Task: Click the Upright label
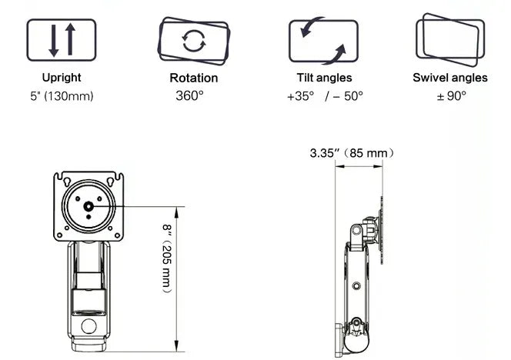click(62, 78)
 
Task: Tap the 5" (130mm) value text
click(62, 96)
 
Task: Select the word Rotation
click(194, 78)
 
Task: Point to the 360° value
click(189, 96)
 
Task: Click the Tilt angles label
click(324, 78)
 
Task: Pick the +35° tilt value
click(300, 96)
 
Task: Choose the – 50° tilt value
click(348, 96)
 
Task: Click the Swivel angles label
click(450, 78)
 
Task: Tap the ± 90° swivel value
click(452, 96)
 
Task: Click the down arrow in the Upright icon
click(53, 41)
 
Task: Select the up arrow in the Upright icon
click(70, 39)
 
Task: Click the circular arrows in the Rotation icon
click(194, 41)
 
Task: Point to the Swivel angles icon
click(450, 40)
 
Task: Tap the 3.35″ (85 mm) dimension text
click(352, 153)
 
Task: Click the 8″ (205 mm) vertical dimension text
click(167, 258)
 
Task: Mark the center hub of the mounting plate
click(89, 207)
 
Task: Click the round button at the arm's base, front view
click(89, 326)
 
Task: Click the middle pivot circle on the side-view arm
click(356, 285)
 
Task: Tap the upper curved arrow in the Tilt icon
click(311, 28)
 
